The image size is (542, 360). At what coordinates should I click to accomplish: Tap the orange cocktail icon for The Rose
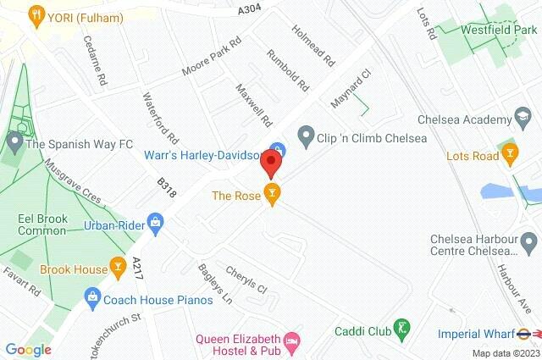point(271,195)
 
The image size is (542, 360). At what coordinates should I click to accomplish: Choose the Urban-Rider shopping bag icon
point(154,224)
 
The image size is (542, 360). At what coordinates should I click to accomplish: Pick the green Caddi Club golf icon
point(403,325)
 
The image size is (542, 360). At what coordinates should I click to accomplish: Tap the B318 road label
point(166,187)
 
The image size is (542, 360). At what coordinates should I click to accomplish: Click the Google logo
point(28,348)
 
